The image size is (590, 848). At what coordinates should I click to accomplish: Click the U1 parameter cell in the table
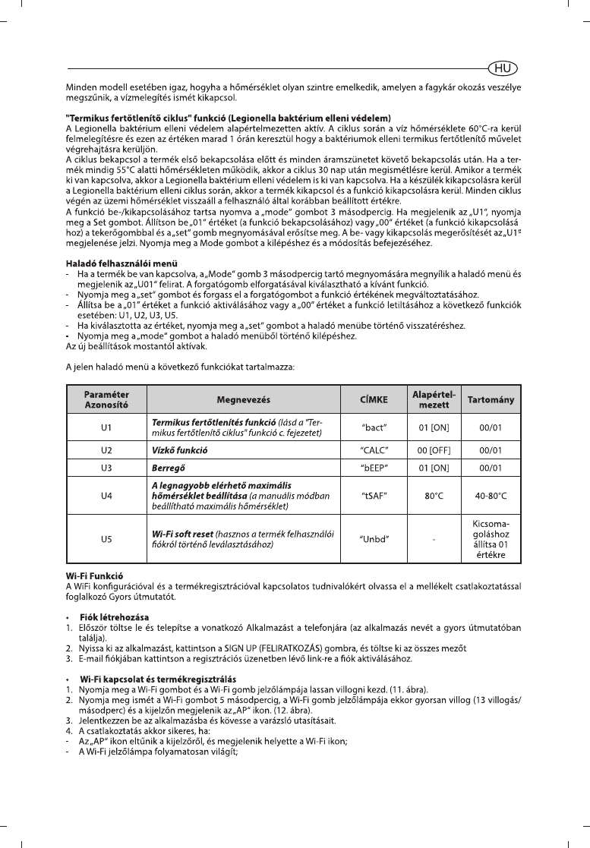tap(106, 427)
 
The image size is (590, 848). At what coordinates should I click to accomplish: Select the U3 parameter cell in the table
tap(106, 468)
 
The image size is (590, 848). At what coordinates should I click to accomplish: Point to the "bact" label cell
tap(374, 427)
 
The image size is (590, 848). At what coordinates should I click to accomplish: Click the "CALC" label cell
tap(374, 450)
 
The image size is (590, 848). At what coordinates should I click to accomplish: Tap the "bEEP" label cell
tap(374, 468)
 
